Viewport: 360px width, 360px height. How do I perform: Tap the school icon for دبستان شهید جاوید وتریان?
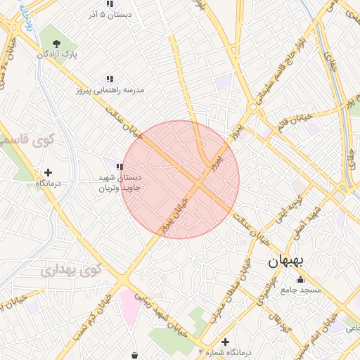click(x=120, y=167)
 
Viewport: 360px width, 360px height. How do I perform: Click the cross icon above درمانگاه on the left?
click(x=48, y=172)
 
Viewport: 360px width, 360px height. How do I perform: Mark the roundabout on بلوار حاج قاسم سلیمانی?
click(x=252, y=108)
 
